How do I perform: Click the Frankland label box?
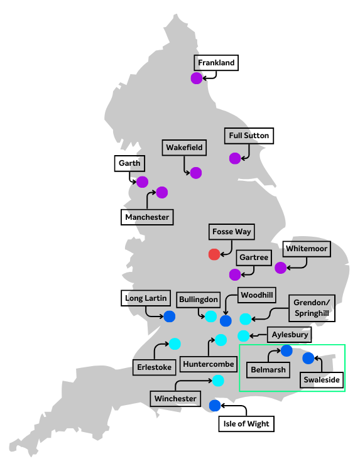click(216, 63)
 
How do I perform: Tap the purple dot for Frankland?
click(197, 78)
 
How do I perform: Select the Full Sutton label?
click(249, 136)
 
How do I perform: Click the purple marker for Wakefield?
click(195, 173)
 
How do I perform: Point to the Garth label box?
click(129, 164)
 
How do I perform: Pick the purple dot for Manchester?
click(162, 192)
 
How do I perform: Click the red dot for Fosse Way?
click(214, 254)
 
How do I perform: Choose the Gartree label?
click(254, 258)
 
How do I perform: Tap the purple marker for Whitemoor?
click(280, 268)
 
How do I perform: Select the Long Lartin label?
click(143, 298)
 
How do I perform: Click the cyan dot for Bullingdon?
click(211, 316)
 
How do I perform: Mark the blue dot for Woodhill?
click(226, 321)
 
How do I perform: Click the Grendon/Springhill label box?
click(310, 308)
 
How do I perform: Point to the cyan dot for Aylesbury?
click(243, 336)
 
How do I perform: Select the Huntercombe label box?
click(208, 364)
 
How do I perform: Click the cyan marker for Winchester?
click(218, 380)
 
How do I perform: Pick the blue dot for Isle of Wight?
click(214, 405)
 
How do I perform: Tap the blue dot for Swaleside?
click(308, 358)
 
